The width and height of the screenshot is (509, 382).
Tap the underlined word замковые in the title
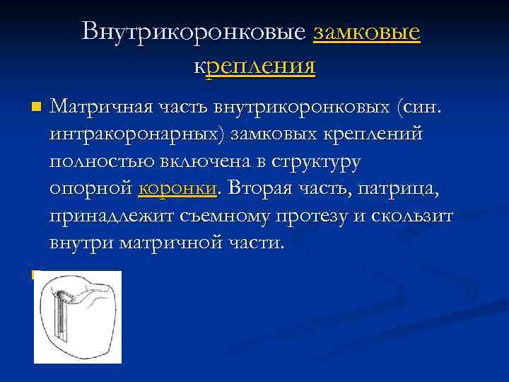click(367, 31)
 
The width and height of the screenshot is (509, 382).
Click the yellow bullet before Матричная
click(37, 108)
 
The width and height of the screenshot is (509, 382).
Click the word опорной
click(91, 189)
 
